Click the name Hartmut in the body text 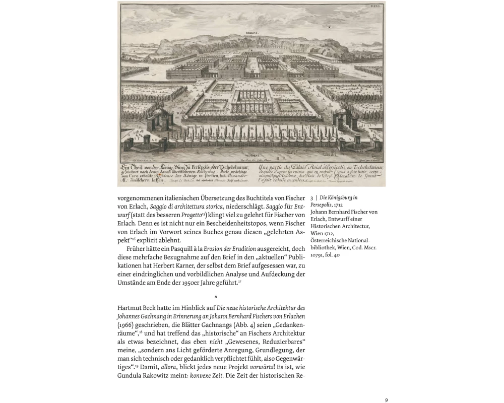(x=130, y=308)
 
